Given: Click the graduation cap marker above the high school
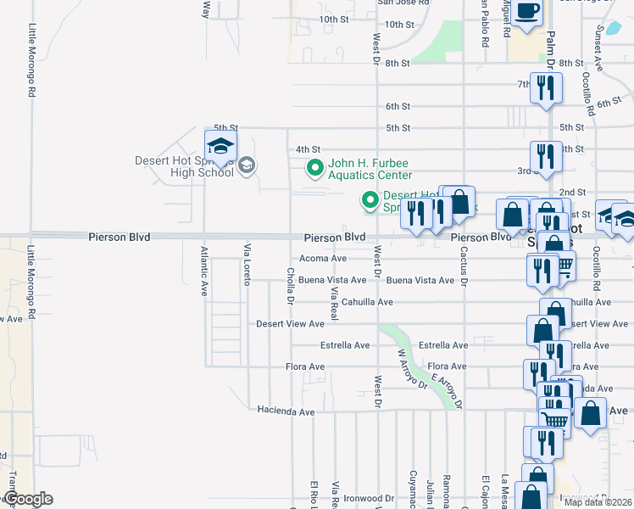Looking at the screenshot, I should [x=220, y=147].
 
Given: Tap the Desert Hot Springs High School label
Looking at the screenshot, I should [x=184, y=166].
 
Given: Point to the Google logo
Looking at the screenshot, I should [x=27, y=499].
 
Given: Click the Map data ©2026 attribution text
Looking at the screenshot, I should [x=598, y=502].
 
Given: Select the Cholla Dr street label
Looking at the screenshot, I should [x=290, y=287].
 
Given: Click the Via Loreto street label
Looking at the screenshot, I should [x=247, y=265].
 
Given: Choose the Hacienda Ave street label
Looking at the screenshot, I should [x=286, y=411].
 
